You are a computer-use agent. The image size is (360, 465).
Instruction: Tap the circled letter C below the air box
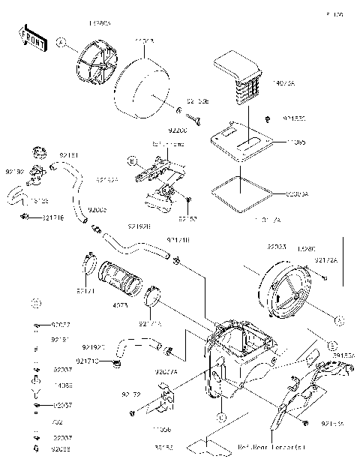[221, 415]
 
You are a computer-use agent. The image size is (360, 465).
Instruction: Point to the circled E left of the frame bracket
[131, 161]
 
